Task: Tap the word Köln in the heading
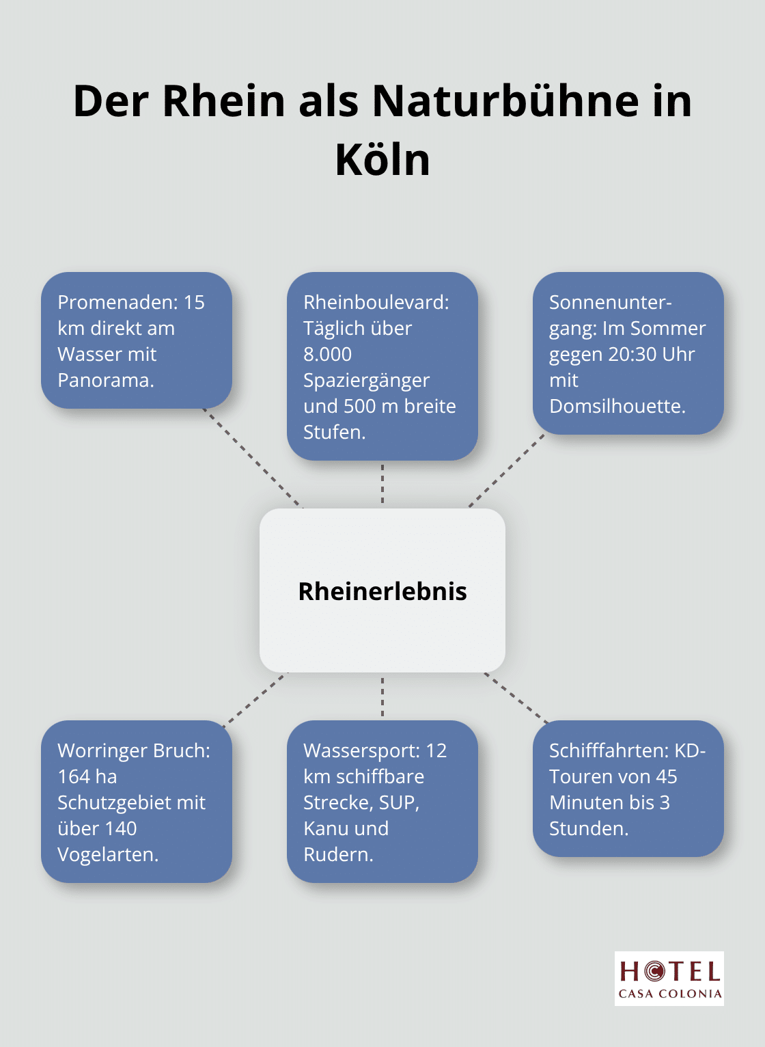point(382,160)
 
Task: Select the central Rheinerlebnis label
point(382,591)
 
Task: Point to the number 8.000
point(328,354)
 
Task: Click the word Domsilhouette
point(616,406)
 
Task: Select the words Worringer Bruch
point(133,750)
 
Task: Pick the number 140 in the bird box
point(121,828)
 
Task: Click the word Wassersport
point(361,750)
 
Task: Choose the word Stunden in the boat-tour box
point(587,828)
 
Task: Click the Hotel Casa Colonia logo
point(669,978)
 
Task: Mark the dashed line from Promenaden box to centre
point(253,459)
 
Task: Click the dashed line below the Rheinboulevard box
point(382,484)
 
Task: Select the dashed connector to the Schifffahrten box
point(516,698)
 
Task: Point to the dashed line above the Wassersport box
point(382,696)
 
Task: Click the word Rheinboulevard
point(376,302)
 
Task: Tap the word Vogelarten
point(107,854)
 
